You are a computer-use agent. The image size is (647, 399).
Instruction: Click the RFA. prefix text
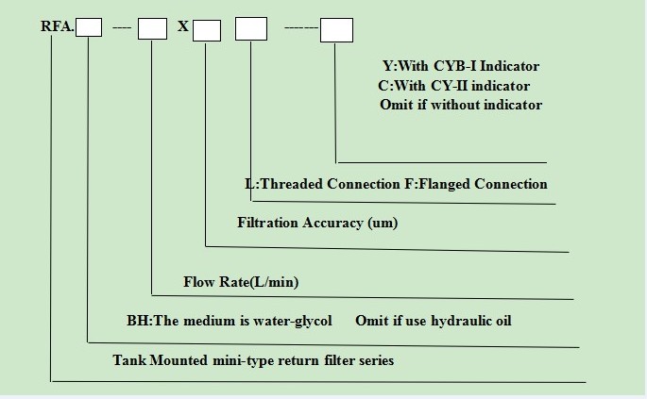coord(58,26)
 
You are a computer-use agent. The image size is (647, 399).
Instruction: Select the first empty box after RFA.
coord(89,27)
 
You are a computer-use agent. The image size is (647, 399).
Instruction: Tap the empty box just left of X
coord(152,28)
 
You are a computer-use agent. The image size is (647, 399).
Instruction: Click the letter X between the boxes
coord(183,26)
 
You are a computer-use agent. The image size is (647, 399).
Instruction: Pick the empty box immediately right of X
coord(207,30)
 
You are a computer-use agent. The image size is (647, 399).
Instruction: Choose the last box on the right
coord(336,29)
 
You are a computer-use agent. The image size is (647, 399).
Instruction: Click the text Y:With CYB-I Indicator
coord(461,66)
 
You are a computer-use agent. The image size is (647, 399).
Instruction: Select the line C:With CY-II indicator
coord(454,86)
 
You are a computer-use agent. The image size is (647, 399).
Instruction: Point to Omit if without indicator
coord(461,105)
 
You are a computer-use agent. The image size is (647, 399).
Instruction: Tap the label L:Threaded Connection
coord(322,184)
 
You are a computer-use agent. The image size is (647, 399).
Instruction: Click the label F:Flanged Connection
coord(476,184)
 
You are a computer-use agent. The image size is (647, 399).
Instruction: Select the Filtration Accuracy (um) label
coord(317,223)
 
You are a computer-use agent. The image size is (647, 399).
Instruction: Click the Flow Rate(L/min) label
coord(241,282)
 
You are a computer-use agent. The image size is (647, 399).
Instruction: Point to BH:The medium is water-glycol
coord(230,321)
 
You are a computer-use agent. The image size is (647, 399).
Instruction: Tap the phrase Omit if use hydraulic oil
coord(434,321)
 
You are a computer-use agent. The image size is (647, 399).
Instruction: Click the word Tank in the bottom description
coord(129,360)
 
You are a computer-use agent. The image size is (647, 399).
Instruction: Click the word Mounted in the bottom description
coord(179,360)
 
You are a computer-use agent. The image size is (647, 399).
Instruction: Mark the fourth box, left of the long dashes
coord(251,28)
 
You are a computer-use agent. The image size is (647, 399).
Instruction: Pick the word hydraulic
coord(456,321)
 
